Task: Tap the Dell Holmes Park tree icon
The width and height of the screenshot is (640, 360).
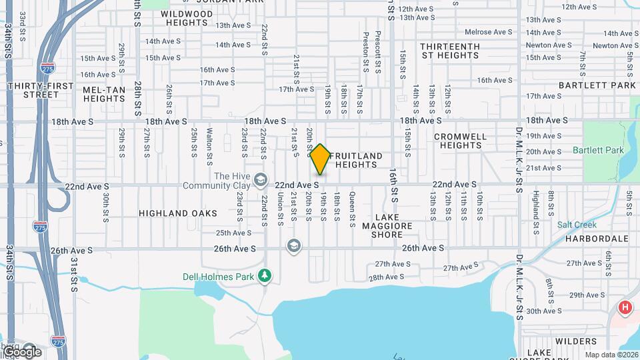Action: click(x=265, y=275)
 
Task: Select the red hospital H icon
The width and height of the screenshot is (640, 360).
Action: click(x=625, y=307)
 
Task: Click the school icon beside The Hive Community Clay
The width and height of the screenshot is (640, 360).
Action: click(x=260, y=180)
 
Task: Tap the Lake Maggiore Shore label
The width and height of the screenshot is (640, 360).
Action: click(x=387, y=226)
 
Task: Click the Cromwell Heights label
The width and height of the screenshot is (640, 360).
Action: click(x=461, y=141)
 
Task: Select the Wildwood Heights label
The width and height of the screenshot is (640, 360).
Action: click(x=187, y=18)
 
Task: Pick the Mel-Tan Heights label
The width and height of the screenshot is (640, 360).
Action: click(x=104, y=94)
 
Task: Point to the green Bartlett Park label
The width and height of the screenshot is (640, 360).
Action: click(x=598, y=150)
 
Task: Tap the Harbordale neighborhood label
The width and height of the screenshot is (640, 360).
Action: click(x=597, y=238)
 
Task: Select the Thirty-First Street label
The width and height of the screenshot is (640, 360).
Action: click(x=32, y=91)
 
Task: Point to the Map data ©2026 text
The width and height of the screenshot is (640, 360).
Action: click(x=611, y=355)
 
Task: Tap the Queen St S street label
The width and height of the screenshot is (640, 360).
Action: click(x=352, y=206)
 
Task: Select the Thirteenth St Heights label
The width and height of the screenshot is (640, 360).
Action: click(x=450, y=51)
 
